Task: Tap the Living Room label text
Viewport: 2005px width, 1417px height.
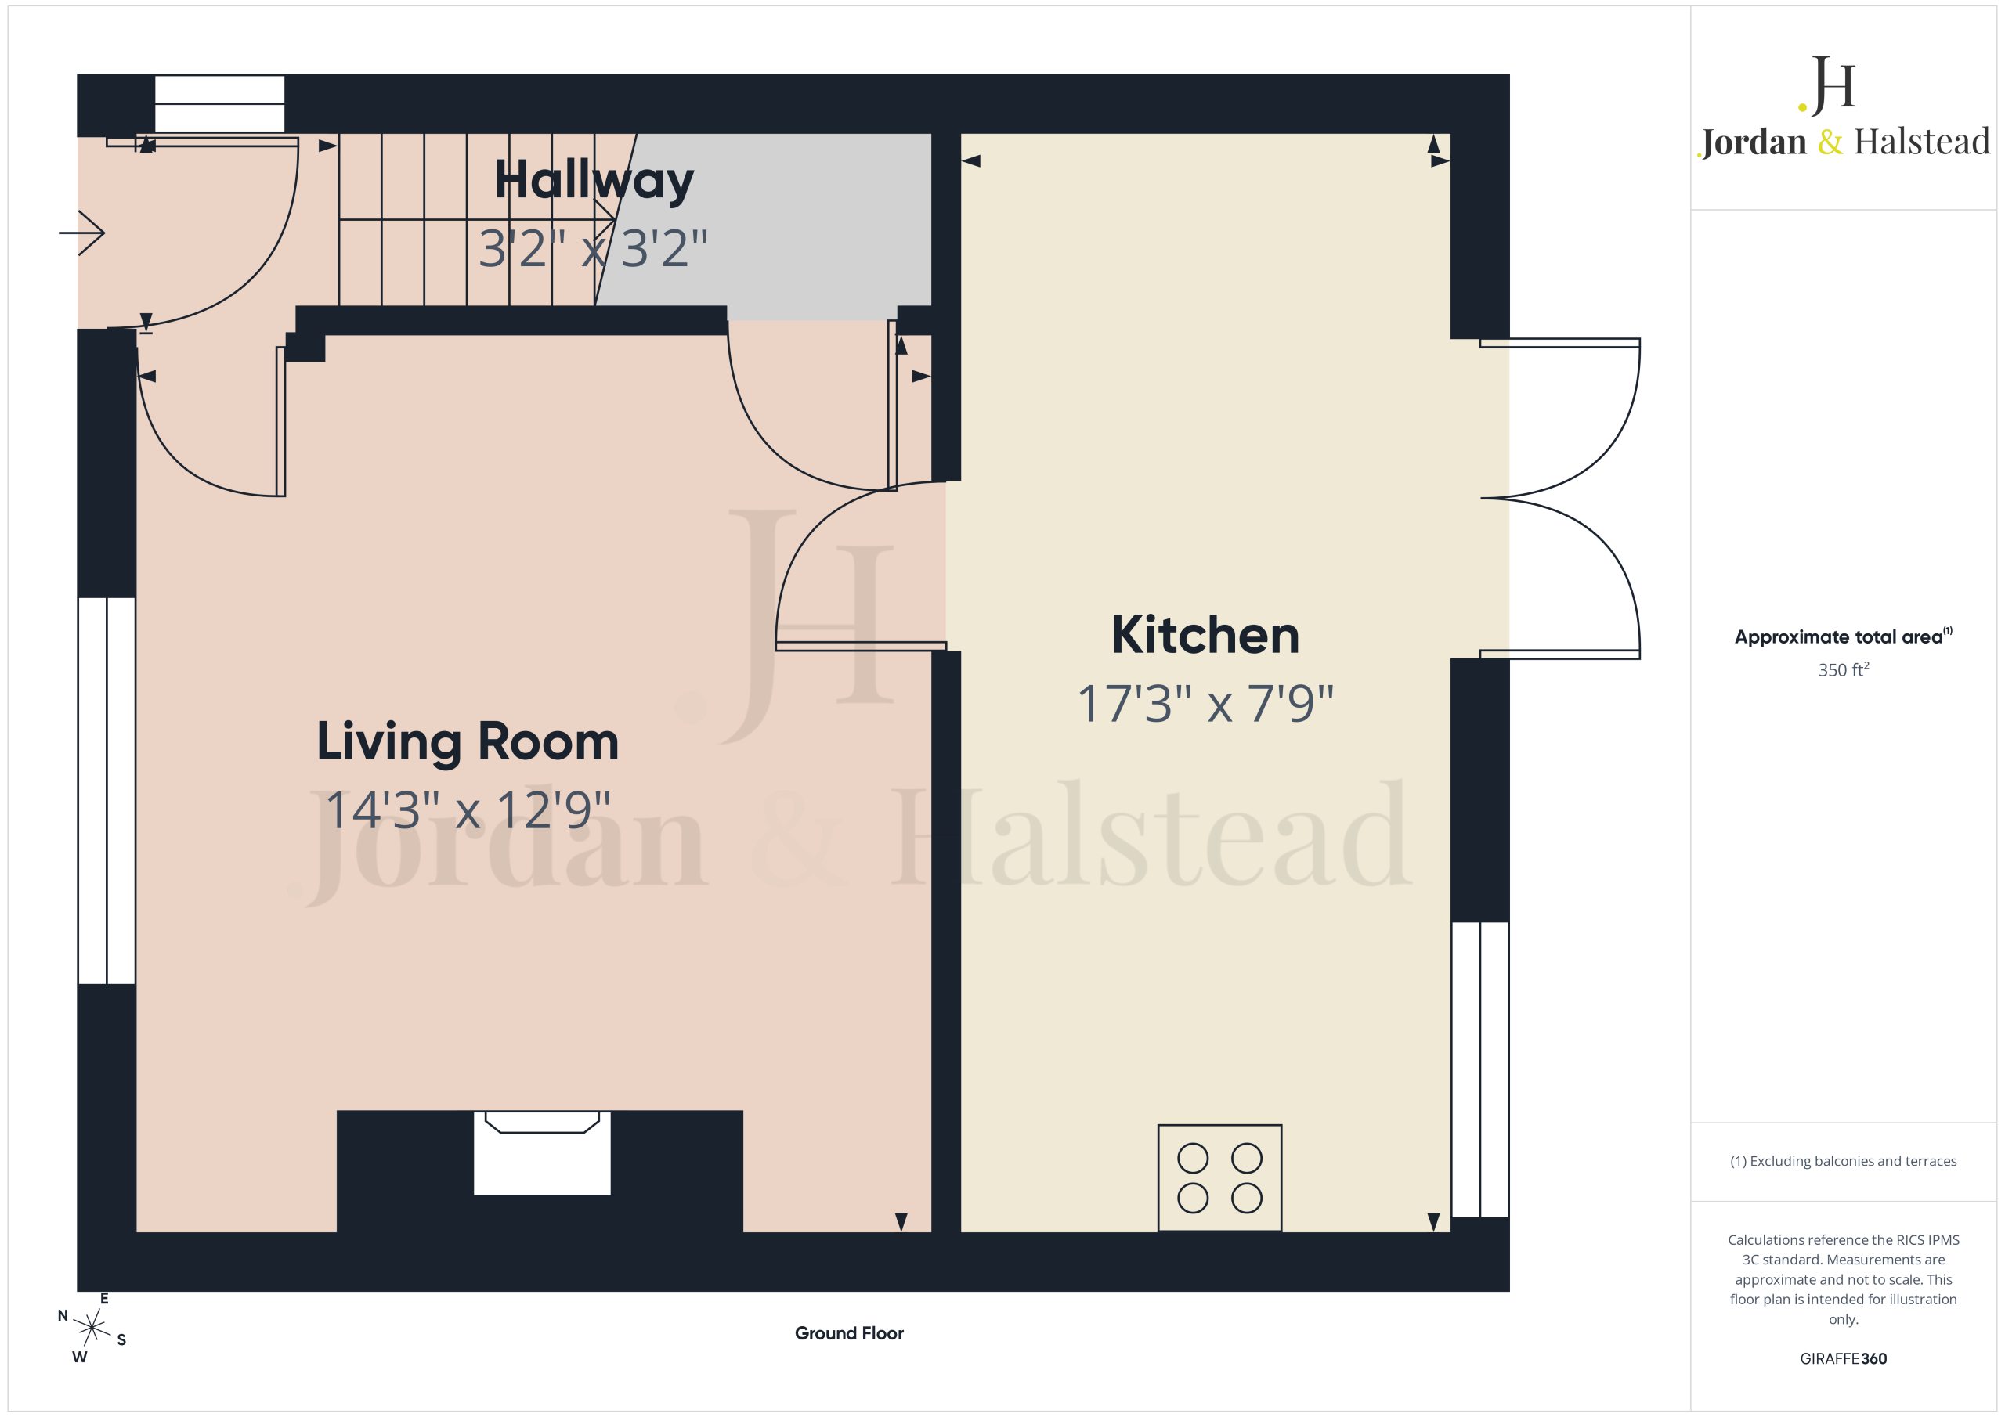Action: (x=468, y=743)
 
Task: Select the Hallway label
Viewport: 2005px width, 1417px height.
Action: (x=594, y=182)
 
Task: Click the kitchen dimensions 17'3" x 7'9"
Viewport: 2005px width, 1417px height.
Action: (x=1205, y=704)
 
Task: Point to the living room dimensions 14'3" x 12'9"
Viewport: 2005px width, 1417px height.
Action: (x=468, y=810)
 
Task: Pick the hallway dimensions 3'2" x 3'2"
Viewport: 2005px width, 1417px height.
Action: (x=593, y=248)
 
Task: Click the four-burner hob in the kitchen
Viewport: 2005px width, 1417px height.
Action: (x=1219, y=1177)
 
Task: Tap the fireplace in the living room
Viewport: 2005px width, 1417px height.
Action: (x=541, y=1152)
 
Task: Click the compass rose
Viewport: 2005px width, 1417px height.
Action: (x=91, y=1328)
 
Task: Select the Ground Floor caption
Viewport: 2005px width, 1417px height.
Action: (x=849, y=1333)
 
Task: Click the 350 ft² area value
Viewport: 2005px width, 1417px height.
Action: (x=1844, y=669)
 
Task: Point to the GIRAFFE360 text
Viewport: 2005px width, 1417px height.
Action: (x=1844, y=1358)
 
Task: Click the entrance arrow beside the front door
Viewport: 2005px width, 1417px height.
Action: (x=82, y=233)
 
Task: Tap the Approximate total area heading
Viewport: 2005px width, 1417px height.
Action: (x=1843, y=636)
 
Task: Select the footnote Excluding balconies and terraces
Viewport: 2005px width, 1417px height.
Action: (x=1844, y=1161)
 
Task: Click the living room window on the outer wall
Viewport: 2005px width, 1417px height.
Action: (x=107, y=791)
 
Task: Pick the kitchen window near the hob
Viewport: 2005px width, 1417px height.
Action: (x=1480, y=1069)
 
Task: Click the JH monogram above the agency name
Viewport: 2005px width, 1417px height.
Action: (x=1827, y=85)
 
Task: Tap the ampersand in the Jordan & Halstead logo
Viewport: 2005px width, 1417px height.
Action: (x=1830, y=142)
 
